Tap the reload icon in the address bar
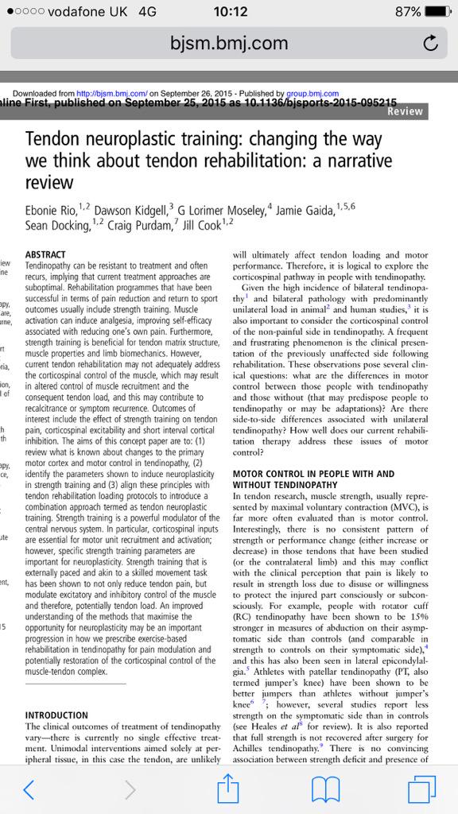(430, 45)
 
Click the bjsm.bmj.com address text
(229, 45)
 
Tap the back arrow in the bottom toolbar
(29, 789)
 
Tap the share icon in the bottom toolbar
(229, 787)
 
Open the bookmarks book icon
(326, 789)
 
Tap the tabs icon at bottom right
(420, 789)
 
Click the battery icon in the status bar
(437, 12)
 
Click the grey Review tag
(406, 112)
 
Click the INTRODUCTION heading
(56, 715)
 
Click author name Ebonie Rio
(55, 211)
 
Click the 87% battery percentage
(406, 12)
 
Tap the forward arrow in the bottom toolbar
(130, 789)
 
